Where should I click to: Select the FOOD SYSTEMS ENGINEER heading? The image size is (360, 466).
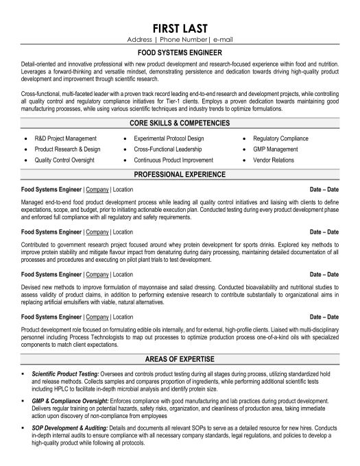click(180, 51)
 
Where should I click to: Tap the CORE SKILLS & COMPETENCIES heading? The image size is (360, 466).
click(180, 124)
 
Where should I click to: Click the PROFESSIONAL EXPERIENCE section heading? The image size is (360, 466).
click(180, 175)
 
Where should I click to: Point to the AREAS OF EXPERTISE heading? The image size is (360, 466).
click(180, 358)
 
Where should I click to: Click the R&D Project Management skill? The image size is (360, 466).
click(66, 139)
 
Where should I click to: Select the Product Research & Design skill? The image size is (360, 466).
click(67, 149)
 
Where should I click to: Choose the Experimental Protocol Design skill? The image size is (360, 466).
click(168, 139)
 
